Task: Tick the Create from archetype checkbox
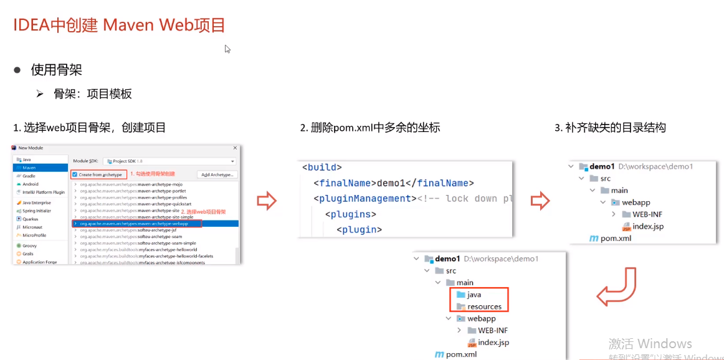pyautogui.click(x=75, y=174)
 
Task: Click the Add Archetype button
pyautogui.click(x=217, y=174)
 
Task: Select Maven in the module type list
pyautogui.click(x=30, y=168)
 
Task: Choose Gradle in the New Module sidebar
pyautogui.click(x=29, y=176)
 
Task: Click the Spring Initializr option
pyautogui.click(x=37, y=211)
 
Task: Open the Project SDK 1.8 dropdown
pyautogui.click(x=169, y=161)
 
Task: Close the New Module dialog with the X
pyautogui.click(x=235, y=148)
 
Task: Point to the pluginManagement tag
pyautogui.click(x=364, y=199)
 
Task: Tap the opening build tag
pyautogui.click(x=322, y=167)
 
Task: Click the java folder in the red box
pyautogui.click(x=474, y=295)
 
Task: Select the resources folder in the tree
pyautogui.click(x=484, y=306)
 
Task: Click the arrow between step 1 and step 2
pyautogui.click(x=267, y=201)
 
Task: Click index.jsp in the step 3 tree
pyautogui.click(x=647, y=226)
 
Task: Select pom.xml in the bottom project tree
pyautogui.click(x=461, y=354)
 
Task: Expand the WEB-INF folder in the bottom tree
pyautogui.click(x=459, y=330)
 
